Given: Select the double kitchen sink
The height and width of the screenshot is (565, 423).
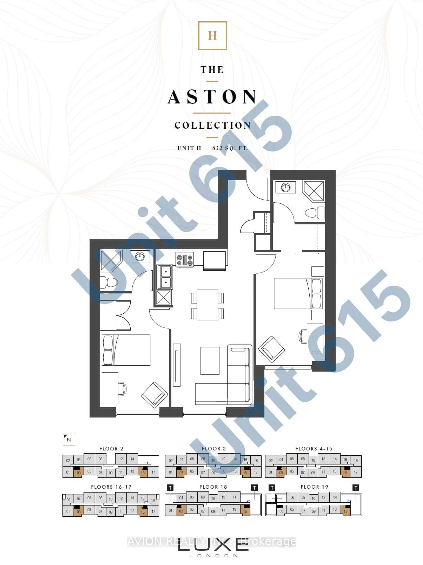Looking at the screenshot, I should coord(164,277).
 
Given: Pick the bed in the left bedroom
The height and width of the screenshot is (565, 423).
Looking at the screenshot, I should coord(126,350).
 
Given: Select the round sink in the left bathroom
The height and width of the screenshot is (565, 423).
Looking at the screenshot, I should coord(140,256).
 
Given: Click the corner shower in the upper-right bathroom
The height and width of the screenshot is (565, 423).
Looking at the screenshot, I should coord(314,190).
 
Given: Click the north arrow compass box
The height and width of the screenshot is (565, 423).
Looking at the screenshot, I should coord(69,440).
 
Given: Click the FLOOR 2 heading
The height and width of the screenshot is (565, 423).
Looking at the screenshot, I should coord(111,449).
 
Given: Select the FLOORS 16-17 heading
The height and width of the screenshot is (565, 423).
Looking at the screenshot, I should coord(111,487).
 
